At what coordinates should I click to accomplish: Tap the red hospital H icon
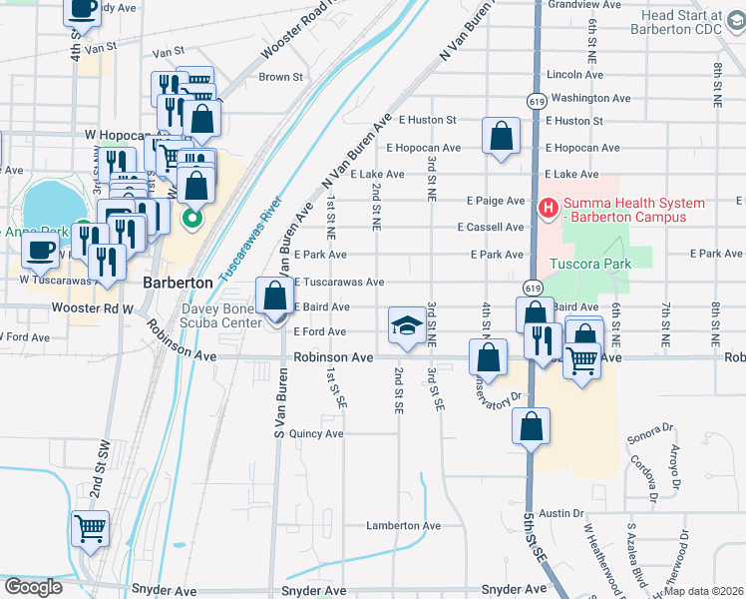pyautogui.click(x=547, y=209)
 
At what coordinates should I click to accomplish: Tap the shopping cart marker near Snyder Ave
pyautogui.click(x=90, y=528)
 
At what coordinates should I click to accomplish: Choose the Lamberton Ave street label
pyautogui.click(x=403, y=525)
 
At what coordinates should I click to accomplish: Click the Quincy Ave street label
pyautogui.click(x=316, y=433)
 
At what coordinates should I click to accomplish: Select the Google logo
pyautogui.click(x=33, y=587)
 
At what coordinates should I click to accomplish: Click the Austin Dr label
pyautogui.click(x=562, y=512)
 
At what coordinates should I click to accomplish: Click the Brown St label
pyautogui.click(x=280, y=77)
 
